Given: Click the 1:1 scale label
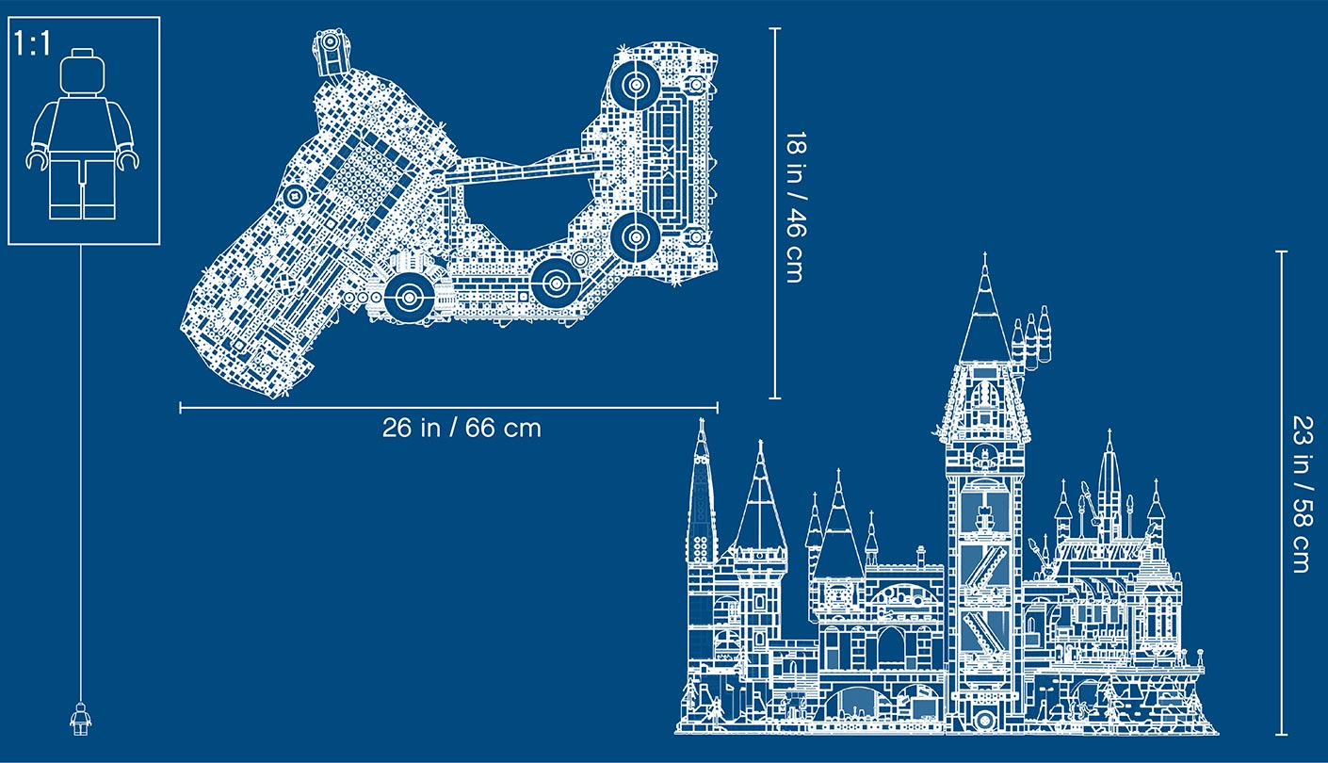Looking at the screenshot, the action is tap(33, 44).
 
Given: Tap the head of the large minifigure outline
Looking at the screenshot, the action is tap(82, 73).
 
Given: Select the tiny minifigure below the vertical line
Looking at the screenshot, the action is tap(81, 719).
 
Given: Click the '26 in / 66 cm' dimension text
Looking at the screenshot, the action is tap(462, 428).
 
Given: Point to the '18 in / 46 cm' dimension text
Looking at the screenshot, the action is tap(794, 207).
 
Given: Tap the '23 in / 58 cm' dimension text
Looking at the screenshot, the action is tap(1303, 495).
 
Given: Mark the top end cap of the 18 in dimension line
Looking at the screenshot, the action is tap(775, 28).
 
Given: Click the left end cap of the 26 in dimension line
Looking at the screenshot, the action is tap(181, 408).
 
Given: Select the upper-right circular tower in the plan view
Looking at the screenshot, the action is tap(636, 85).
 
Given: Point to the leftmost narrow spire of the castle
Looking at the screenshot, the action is tap(702, 492).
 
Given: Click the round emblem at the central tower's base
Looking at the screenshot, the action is tap(985, 720).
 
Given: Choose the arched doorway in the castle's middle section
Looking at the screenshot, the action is tap(890, 648).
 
